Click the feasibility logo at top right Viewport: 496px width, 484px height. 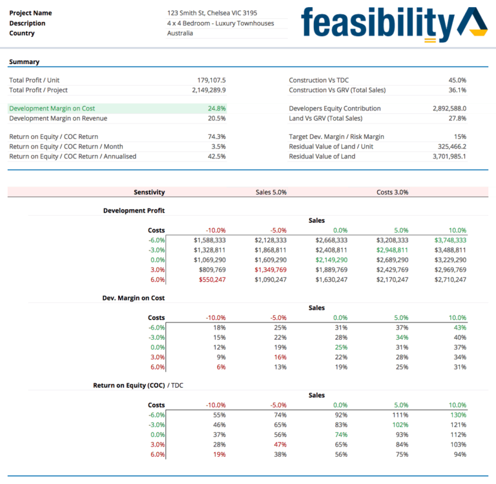point(393,24)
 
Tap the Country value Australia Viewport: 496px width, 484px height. point(180,33)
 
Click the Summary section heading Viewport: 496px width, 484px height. point(24,62)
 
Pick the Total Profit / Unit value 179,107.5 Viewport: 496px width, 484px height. point(211,80)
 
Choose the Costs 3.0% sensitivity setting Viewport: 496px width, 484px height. point(392,192)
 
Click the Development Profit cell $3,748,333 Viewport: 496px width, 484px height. point(448,240)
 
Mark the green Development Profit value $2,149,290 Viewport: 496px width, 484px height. point(331,260)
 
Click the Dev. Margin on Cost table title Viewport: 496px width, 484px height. point(134,298)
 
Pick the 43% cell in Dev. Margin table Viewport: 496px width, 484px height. point(459,328)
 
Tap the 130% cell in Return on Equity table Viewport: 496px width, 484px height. point(457,415)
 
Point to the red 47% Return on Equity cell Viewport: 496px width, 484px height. point(279,445)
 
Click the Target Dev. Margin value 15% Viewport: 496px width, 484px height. point(459,136)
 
